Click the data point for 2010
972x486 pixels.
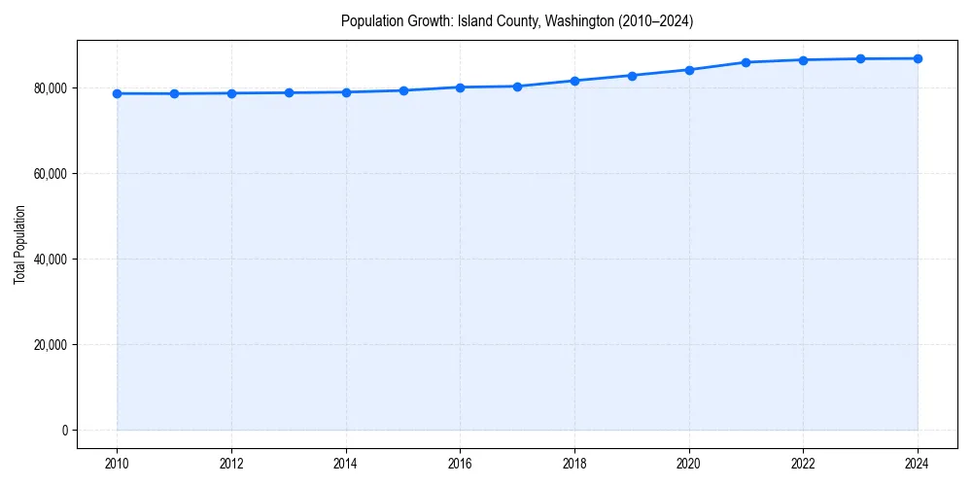[117, 93]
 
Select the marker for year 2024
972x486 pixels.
[918, 58]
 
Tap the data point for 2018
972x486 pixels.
[574, 81]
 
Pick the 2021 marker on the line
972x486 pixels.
[746, 62]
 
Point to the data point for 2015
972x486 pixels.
[403, 90]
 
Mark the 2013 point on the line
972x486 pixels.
[289, 92]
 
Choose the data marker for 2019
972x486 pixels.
[632, 75]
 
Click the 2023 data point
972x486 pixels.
[860, 58]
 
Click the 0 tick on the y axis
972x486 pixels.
[63, 431]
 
